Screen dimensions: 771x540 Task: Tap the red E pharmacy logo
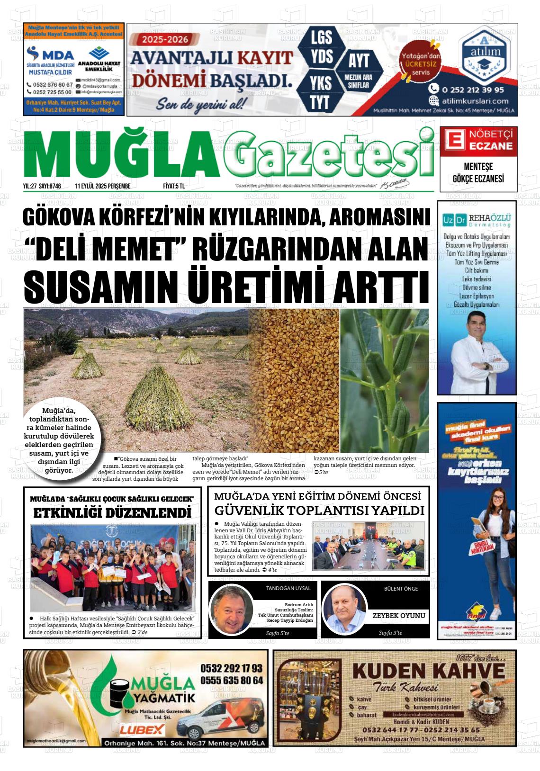click(x=452, y=141)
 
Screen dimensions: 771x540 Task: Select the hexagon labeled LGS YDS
click(x=322, y=47)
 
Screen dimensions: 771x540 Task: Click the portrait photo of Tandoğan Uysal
click(x=232, y=610)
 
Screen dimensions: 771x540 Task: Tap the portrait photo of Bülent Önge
click(x=344, y=609)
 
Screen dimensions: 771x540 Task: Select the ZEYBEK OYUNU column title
click(x=398, y=616)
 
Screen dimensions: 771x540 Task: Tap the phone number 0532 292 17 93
click(x=231, y=668)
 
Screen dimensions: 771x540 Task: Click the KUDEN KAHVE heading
click(x=429, y=671)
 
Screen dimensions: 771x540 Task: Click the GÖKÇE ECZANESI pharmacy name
click(x=478, y=179)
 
